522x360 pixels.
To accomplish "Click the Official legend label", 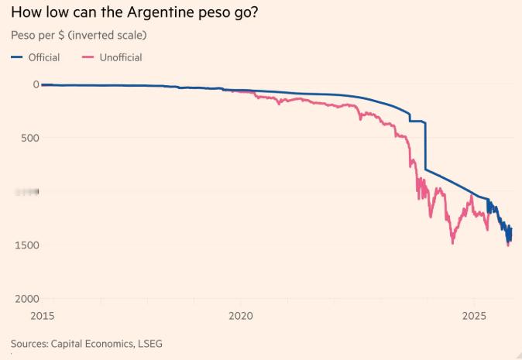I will point(44,57).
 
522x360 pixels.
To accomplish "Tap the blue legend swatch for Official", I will point(17,57).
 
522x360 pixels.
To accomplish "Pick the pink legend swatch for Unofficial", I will point(88,57).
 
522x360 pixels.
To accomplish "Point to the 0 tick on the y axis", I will point(36,84).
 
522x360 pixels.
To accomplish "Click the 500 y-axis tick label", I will point(30,138).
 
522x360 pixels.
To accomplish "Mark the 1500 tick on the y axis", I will point(27,245).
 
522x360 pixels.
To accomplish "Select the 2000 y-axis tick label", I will point(27,299).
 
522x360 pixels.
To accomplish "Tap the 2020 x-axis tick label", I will point(241,316).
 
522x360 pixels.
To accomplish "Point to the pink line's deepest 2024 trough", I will point(453,242).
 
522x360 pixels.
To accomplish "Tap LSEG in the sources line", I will point(149,343).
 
